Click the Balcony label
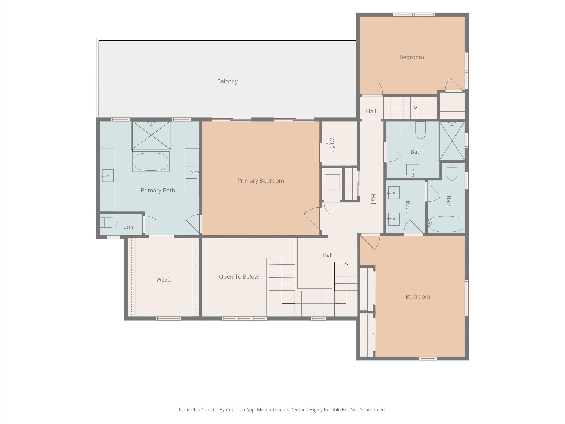point(227,81)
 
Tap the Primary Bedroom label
point(260,181)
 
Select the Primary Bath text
point(158,190)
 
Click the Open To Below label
point(239,276)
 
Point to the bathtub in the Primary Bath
point(151,161)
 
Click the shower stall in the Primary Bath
point(151,135)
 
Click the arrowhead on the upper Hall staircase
point(416,108)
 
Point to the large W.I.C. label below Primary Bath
point(163,280)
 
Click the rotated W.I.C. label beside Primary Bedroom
point(332,144)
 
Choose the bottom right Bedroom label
point(418,297)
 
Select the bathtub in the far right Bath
point(446,224)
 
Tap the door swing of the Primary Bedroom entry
point(312,219)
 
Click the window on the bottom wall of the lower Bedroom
point(428,359)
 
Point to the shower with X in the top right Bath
point(452,141)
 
